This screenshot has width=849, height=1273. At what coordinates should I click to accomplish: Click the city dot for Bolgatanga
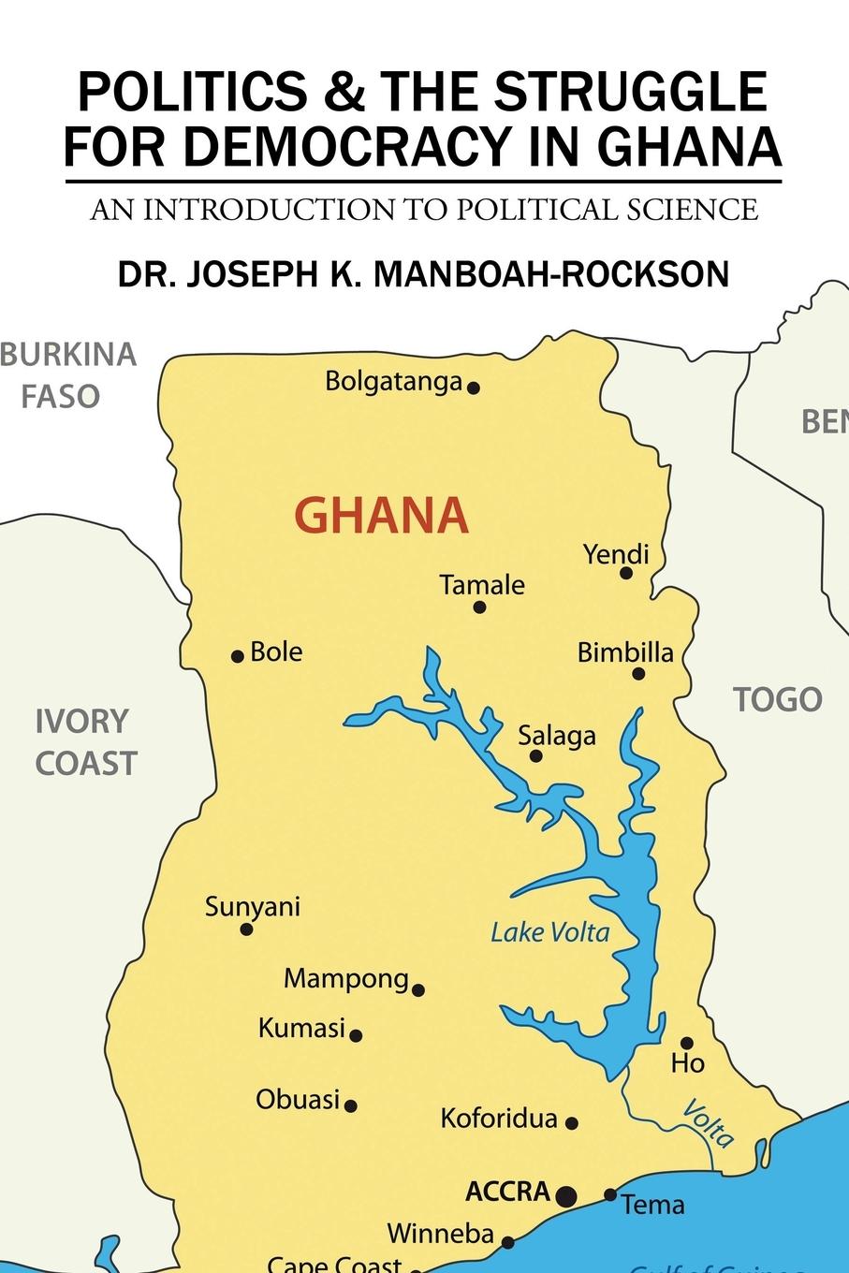[x=474, y=388]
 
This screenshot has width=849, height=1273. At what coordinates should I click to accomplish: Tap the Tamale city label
[x=482, y=585]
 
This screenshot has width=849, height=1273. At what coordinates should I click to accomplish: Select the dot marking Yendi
[x=626, y=573]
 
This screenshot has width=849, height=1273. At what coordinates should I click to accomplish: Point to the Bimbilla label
[x=625, y=652]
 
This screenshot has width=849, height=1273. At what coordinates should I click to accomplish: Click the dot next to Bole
[x=238, y=656]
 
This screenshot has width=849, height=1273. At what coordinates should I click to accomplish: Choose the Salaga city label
[x=557, y=736]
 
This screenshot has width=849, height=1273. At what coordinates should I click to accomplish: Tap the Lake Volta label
[x=549, y=932]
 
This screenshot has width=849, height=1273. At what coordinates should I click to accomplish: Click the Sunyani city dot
[x=246, y=929]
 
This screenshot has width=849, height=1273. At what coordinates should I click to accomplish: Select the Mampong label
[x=346, y=979]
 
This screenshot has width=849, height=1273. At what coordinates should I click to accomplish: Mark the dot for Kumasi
[x=356, y=1035]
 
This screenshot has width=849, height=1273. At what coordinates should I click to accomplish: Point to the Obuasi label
[x=298, y=1099]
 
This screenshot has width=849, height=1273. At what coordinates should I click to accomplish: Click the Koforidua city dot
[x=572, y=1123]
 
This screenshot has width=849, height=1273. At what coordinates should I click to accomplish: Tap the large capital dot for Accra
[x=566, y=1195]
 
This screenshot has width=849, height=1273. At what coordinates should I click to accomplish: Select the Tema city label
[x=653, y=1205]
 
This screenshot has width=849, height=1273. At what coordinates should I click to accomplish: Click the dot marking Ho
[x=686, y=1043]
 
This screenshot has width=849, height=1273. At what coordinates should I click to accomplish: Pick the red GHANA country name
[x=382, y=516]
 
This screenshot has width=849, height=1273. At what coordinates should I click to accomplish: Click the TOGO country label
[x=777, y=699]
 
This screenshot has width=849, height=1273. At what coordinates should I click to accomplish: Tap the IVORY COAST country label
[x=85, y=742]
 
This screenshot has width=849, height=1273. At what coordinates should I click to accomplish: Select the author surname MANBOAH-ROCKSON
[x=551, y=274]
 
